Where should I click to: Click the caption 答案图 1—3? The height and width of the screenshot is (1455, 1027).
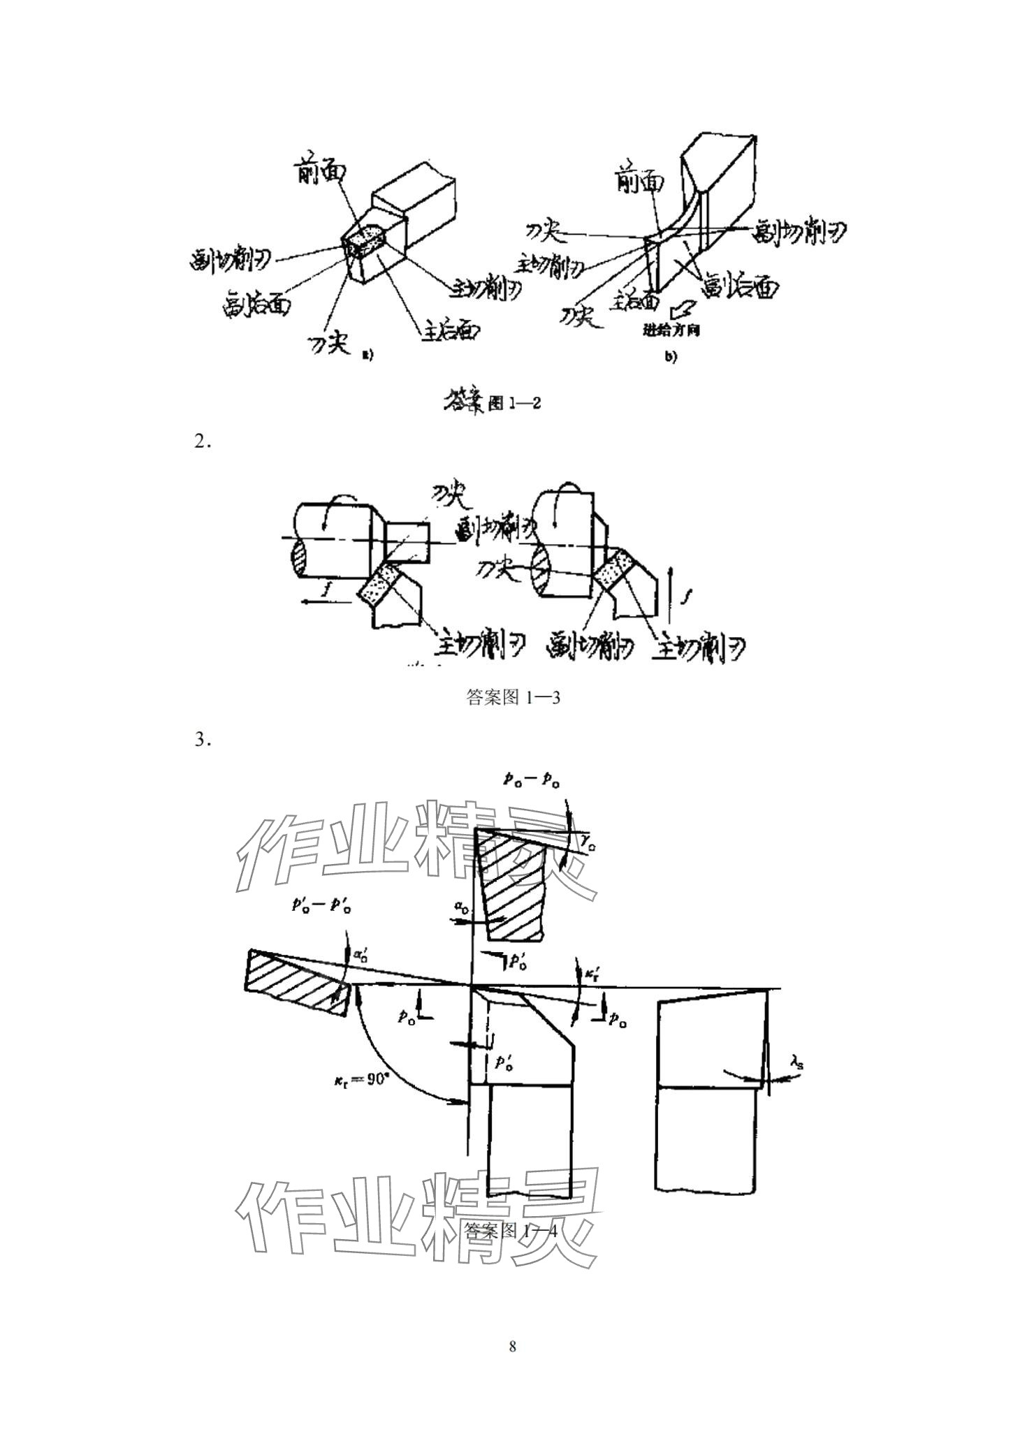point(513,697)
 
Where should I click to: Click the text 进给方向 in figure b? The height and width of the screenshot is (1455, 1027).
point(671,330)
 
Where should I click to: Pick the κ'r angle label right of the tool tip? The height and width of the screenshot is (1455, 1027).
point(592,973)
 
